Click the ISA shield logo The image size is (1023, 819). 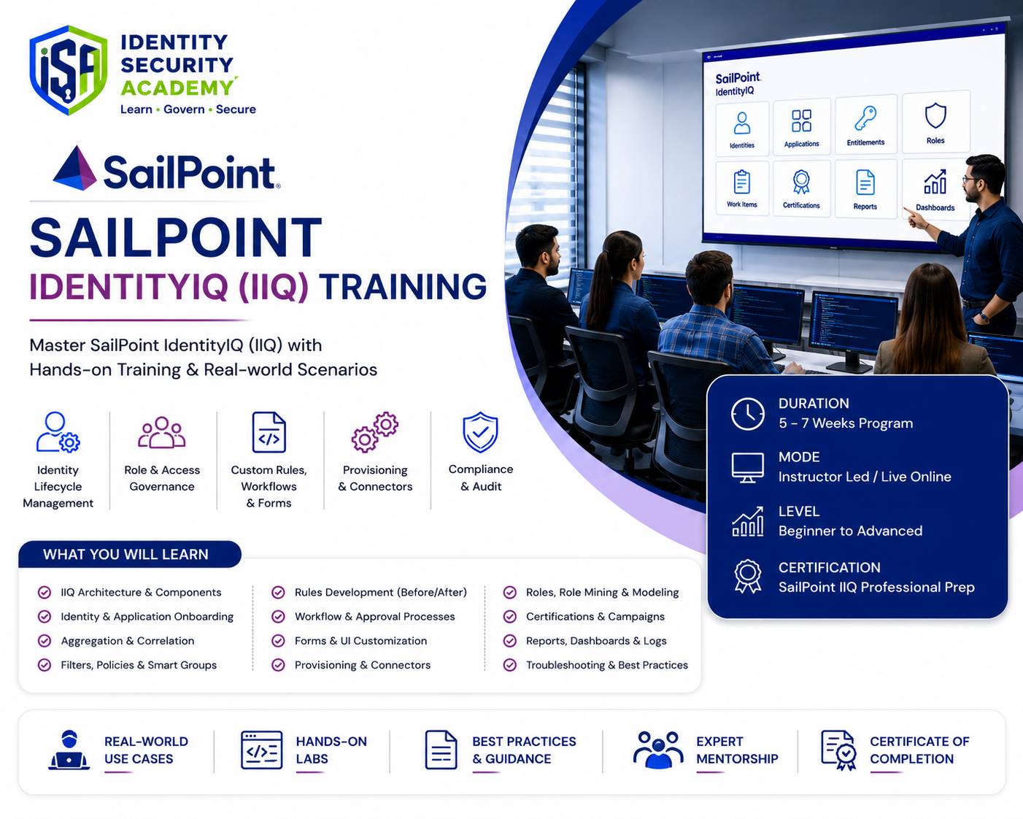pos(68,70)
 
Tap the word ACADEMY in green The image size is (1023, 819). pos(178,88)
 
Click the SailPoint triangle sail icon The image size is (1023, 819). pos(75,168)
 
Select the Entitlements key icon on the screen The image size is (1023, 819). pos(865,118)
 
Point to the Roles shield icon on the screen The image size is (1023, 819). pos(935,115)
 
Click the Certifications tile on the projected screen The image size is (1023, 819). pos(801,189)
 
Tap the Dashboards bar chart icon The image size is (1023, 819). pos(935,182)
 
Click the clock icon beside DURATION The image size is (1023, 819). pos(748,414)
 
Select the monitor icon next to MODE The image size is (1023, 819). pos(748,467)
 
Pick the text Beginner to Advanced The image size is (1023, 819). pos(851,531)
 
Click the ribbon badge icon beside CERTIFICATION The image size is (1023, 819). pos(748,576)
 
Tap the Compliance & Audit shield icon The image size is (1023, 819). pos(481,432)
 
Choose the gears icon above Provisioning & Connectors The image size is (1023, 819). pos(374,432)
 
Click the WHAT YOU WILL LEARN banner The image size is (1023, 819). pos(130,554)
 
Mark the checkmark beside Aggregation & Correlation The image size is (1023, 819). pos(45,641)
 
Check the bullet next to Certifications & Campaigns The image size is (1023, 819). pos(510,616)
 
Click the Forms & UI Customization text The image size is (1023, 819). pos(360,641)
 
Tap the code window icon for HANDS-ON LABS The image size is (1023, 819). pos(261,750)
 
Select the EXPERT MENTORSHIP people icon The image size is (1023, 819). pos(658,750)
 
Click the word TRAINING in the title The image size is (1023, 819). pos(403,286)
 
